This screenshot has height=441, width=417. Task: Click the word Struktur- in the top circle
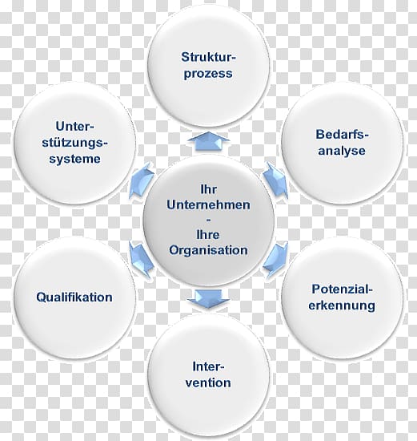click(x=208, y=57)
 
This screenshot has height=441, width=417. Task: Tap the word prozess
click(x=208, y=74)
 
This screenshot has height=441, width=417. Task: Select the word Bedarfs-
click(x=342, y=135)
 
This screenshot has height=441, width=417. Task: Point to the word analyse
click(x=342, y=151)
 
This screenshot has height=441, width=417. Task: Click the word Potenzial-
click(x=342, y=289)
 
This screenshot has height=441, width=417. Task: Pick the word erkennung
click(x=342, y=305)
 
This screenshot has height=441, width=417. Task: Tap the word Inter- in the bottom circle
click(x=208, y=366)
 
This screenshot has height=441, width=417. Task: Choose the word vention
click(x=208, y=382)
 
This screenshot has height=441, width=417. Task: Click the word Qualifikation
click(x=74, y=297)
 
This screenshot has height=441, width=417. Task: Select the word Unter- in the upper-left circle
click(x=74, y=126)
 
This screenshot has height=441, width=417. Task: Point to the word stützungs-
click(x=75, y=143)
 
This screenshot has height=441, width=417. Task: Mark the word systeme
click(x=74, y=160)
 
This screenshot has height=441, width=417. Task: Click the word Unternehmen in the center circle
click(x=208, y=204)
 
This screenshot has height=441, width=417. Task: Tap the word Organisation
click(x=208, y=250)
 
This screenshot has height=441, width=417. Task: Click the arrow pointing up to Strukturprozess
click(x=208, y=141)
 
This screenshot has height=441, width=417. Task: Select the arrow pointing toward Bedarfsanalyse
click(x=276, y=180)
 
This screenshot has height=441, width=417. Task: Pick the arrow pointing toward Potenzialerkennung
click(x=276, y=261)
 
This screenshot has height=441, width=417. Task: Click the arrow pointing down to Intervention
click(x=208, y=299)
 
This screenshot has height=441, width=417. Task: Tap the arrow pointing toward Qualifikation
click(x=141, y=260)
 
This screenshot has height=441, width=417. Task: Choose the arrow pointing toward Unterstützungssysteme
click(x=141, y=180)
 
